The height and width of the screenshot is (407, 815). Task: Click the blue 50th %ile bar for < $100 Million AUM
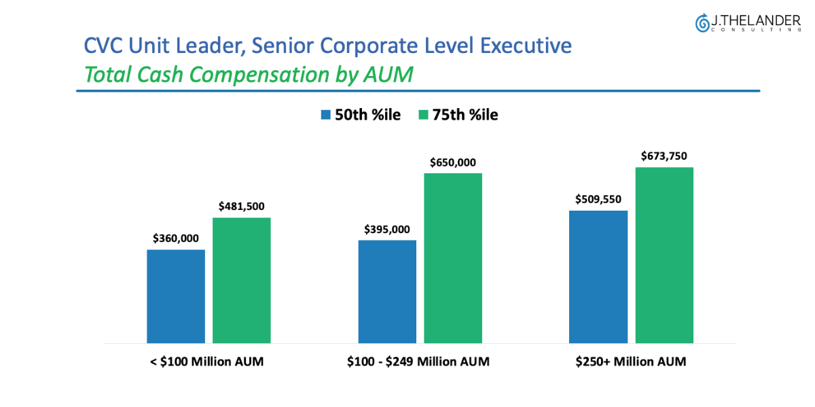coord(176,296)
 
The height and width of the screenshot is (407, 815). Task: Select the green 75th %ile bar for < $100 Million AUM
coord(242,280)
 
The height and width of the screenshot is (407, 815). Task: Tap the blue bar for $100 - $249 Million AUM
coord(387,291)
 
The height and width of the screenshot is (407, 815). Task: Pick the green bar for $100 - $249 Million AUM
coord(453,258)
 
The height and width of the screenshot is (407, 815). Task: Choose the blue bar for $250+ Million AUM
coord(598,277)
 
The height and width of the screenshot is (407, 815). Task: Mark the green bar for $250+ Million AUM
coord(664,255)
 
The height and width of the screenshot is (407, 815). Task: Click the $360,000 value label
coord(176,238)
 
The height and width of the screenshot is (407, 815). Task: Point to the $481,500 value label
coord(242,206)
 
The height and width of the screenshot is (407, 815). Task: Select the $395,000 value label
coord(387,228)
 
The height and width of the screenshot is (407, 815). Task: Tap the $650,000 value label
coord(453,162)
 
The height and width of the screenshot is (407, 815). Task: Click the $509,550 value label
coord(598,199)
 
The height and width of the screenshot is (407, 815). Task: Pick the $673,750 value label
coord(664,156)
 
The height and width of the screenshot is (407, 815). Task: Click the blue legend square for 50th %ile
coord(325,115)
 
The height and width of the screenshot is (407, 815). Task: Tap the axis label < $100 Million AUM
coord(206,361)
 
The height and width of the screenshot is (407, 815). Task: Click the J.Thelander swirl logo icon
coord(702,23)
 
